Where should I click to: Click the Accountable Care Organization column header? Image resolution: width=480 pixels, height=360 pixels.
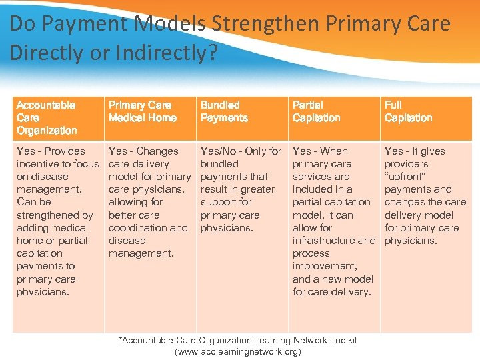46,118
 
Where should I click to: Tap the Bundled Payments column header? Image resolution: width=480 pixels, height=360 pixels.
223,111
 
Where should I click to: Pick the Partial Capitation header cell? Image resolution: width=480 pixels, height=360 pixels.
316,111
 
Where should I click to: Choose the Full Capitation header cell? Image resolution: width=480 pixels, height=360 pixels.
408,111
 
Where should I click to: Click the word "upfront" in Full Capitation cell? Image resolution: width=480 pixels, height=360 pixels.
407,177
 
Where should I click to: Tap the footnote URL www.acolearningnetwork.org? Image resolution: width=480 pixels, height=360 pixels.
237,351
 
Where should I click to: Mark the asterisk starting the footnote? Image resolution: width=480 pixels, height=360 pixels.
121,339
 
